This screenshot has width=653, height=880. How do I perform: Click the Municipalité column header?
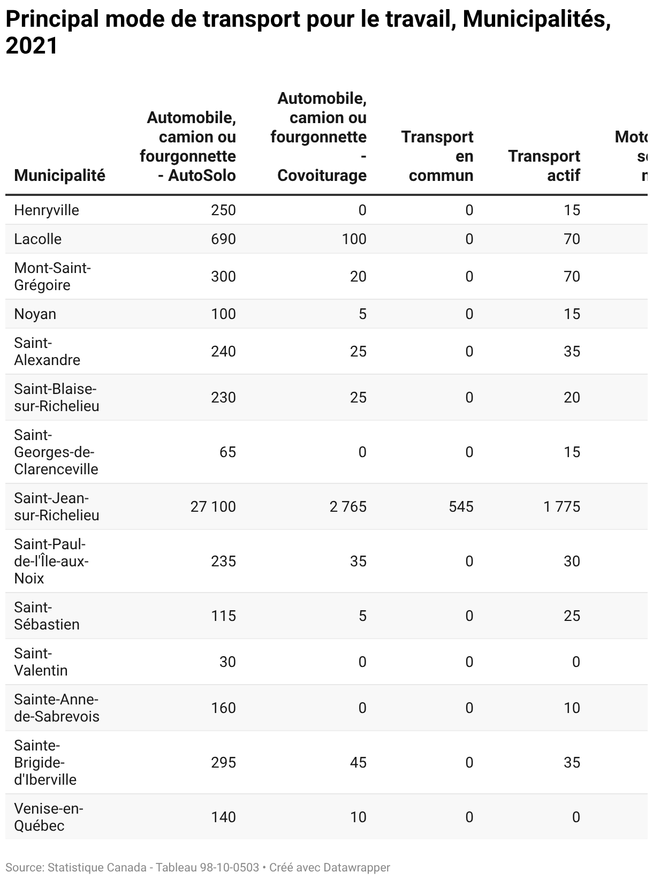[59, 176]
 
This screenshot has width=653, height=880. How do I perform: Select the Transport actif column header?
[544, 165]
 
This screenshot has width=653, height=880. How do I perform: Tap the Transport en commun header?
[437, 156]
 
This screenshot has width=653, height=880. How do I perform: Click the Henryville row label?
[47, 210]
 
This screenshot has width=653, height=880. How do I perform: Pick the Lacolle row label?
[38, 239]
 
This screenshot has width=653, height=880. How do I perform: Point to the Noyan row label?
[35, 314]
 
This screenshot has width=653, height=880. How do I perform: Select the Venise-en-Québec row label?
[48, 817]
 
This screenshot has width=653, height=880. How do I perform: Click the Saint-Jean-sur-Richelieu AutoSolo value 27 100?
[213, 506]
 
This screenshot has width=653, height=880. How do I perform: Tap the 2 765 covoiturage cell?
[348, 506]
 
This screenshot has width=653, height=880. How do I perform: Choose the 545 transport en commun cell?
[461, 506]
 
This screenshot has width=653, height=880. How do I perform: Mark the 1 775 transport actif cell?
[561, 506]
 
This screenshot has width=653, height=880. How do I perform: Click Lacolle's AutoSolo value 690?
[223, 239]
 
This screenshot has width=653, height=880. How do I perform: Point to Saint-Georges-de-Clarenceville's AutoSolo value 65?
[227, 452]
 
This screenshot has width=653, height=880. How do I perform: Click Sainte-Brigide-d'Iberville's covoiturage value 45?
[358, 762]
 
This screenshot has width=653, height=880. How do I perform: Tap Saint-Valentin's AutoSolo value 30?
[227, 662]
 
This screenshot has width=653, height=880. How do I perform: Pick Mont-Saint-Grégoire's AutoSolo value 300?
[223, 276]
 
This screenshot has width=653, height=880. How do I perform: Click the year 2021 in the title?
[32, 47]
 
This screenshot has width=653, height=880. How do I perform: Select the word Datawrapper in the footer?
[356, 868]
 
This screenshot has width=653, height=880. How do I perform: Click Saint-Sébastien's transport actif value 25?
[572, 616]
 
